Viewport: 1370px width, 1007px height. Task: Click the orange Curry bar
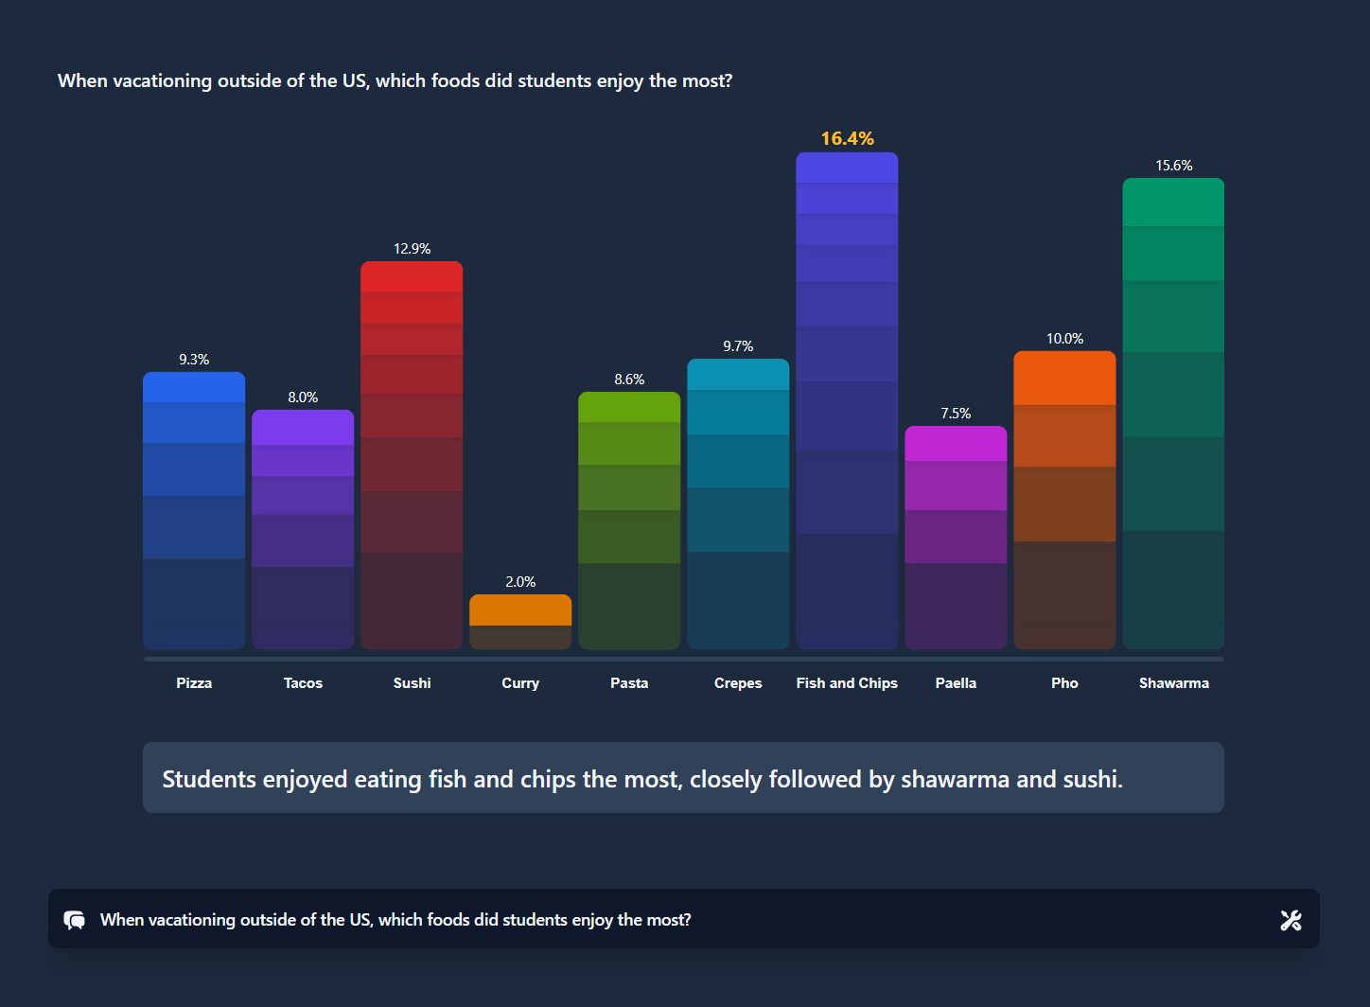click(x=520, y=621)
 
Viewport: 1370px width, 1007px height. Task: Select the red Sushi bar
click(x=412, y=454)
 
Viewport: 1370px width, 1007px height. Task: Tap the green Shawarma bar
click(x=1173, y=414)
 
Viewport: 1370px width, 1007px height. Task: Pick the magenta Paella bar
click(x=956, y=537)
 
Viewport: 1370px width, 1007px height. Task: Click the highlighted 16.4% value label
click(x=847, y=138)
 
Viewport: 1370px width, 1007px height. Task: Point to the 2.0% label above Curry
click(x=520, y=581)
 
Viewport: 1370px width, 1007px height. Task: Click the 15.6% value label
click(x=1173, y=166)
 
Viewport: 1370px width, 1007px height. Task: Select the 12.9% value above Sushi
click(x=412, y=249)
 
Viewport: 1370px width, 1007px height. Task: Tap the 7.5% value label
click(x=956, y=414)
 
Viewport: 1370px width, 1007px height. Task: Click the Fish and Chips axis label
click(x=847, y=683)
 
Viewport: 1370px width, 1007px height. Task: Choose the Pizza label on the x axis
click(x=194, y=683)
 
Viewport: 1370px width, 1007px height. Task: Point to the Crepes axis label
click(x=738, y=683)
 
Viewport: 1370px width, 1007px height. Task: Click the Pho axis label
click(x=1064, y=683)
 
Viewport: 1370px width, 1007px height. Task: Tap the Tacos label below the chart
click(x=303, y=683)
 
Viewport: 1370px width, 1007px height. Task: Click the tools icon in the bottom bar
click(x=1291, y=920)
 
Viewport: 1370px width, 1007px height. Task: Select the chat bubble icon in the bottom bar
click(x=75, y=920)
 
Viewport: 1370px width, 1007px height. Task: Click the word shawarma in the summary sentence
click(x=955, y=780)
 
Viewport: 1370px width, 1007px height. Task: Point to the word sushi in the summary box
click(x=1090, y=780)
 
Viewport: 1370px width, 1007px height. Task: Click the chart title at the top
click(x=395, y=81)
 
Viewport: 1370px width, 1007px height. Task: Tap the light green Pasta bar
click(x=629, y=521)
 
